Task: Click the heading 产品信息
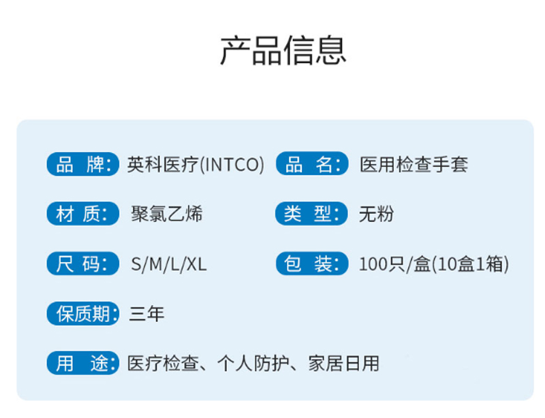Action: point(283,50)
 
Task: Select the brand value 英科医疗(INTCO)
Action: point(195,165)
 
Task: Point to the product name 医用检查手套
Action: point(414,165)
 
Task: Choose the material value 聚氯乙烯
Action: point(166,214)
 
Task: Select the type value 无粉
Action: point(376,214)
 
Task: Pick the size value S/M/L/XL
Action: point(168,264)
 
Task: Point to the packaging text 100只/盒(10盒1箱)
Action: point(434,264)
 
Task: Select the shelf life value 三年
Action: point(146,314)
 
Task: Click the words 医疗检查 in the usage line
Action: point(162,364)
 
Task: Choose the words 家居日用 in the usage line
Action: point(343,364)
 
